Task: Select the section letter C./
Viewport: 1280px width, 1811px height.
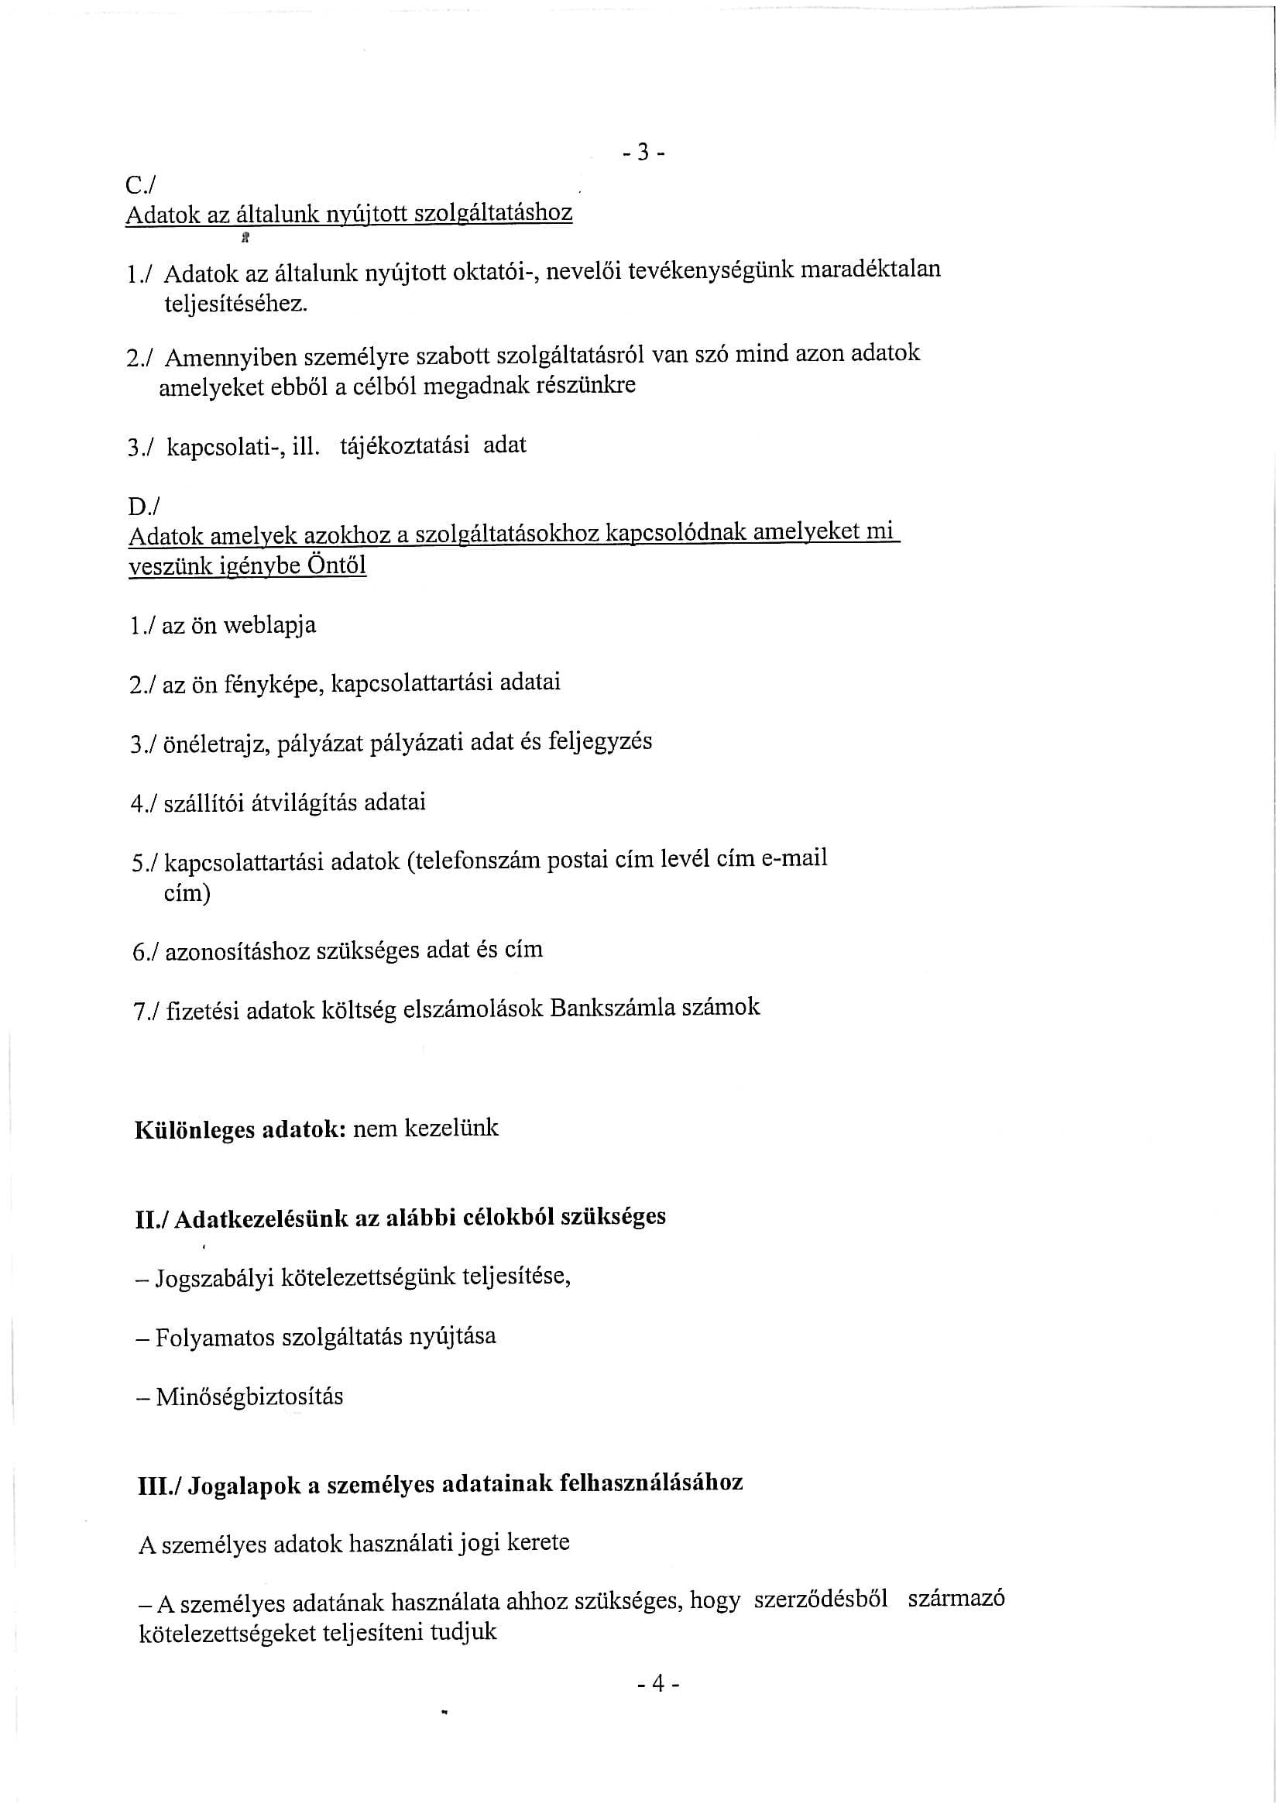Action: (141, 184)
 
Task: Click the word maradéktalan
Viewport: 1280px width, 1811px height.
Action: (870, 269)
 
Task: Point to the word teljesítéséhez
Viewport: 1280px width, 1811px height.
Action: (234, 304)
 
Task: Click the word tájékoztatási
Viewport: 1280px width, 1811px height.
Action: (403, 445)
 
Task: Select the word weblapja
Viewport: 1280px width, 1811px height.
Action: (269, 626)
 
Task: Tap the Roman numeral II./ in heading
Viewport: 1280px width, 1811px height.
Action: (153, 1218)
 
